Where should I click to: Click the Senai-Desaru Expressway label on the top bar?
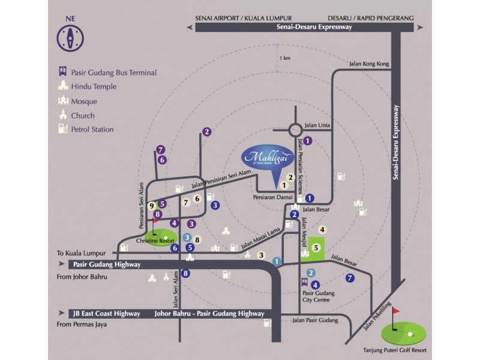[313, 28]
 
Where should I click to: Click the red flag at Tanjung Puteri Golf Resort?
[396, 313]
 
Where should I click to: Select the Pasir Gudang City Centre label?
[319, 298]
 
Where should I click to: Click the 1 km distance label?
[284, 58]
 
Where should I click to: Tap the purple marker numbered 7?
[160, 149]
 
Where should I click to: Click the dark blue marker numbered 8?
[186, 274]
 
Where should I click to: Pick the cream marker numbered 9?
[152, 205]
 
